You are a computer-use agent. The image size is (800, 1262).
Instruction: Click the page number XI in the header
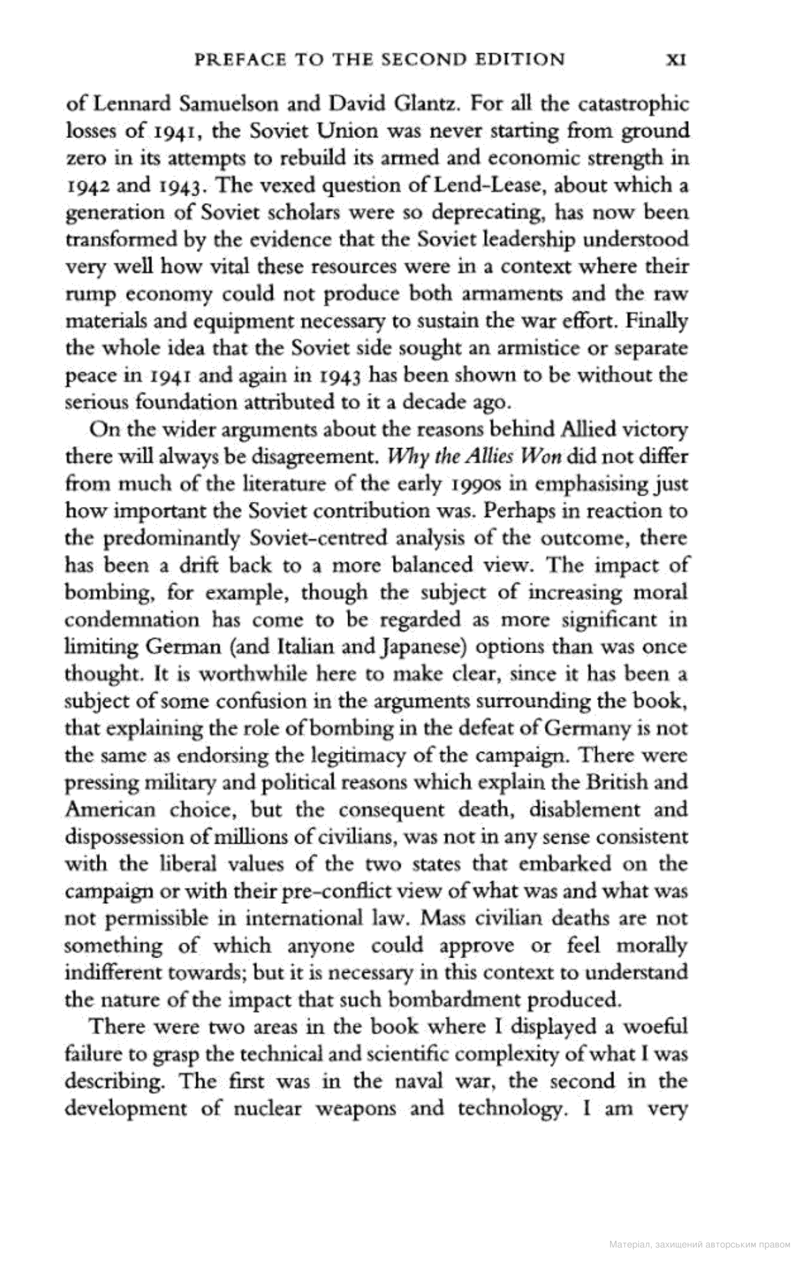676,60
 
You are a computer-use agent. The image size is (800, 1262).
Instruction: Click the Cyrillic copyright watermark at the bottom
699,1244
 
